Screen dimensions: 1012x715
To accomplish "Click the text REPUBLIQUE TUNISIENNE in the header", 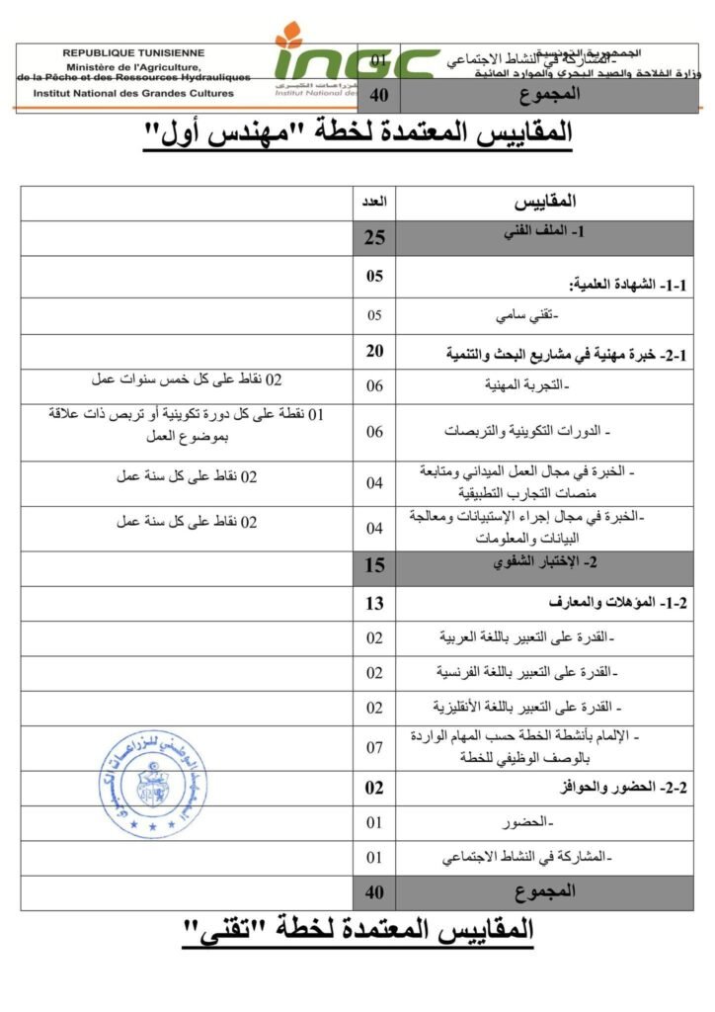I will pyautogui.click(x=133, y=51).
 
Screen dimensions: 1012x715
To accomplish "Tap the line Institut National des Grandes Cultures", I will pyautogui.click(x=133, y=94).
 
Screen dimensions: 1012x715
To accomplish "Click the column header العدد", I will pyautogui.click(x=375, y=202).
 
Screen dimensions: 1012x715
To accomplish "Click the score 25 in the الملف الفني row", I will pyautogui.click(x=375, y=237).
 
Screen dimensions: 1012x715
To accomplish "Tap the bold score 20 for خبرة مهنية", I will pyautogui.click(x=375, y=352).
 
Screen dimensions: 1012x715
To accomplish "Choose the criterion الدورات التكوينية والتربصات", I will pyautogui.click(x=539, y=432).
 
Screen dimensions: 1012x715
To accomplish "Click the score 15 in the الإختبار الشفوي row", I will pyautogui.click(x=375, y=566).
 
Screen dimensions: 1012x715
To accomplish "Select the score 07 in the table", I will pyautogui.click(x=375, y=748).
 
